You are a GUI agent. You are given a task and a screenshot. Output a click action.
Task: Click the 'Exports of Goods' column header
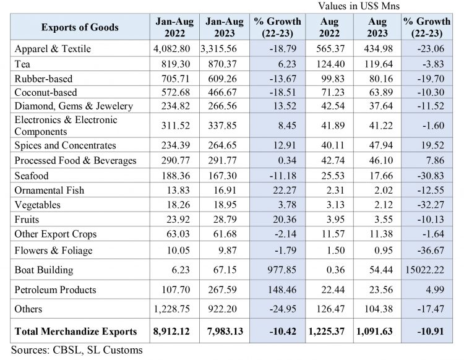click(80, 28)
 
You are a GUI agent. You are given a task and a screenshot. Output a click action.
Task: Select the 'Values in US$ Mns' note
click(359, 6)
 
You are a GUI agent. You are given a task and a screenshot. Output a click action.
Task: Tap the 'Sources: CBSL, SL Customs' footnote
click(77, 349)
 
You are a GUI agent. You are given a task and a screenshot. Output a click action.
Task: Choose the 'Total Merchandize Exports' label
click(76, 331)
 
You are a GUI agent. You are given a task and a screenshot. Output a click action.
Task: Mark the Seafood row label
click(32, 176)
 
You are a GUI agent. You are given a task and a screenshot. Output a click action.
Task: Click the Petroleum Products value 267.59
click(228, 289)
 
